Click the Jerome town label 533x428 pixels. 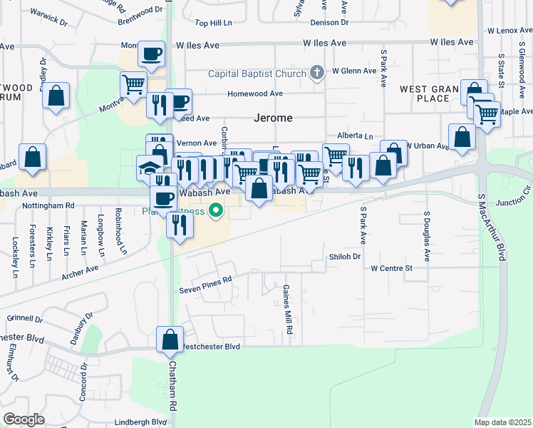coord(274,118)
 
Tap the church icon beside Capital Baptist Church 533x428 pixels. coord(317,73)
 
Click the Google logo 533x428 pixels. coord(24,419)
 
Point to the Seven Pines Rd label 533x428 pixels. coord(206,280)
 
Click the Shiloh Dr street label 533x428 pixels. coord(346,256)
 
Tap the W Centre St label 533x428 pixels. coord(392,268)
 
